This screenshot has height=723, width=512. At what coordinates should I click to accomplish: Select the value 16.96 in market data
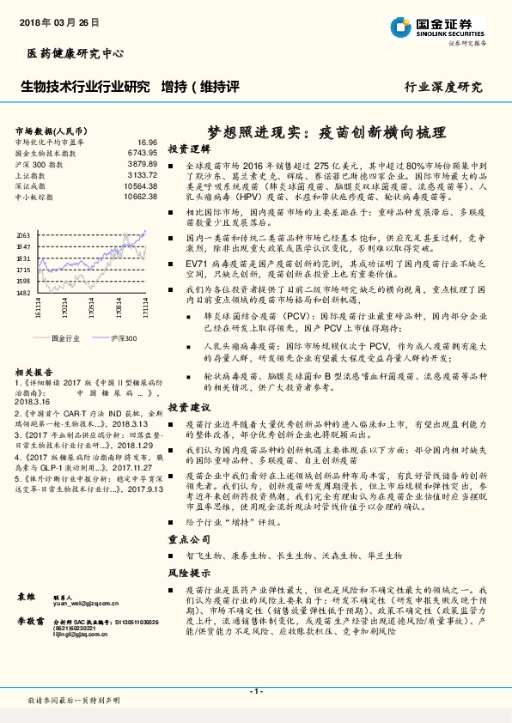click(147, 142)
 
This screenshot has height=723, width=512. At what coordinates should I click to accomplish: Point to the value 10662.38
click(140, 197)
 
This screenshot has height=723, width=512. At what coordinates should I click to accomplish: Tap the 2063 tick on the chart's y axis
click(24, 234)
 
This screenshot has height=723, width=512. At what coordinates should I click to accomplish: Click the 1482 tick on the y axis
click(24, 292)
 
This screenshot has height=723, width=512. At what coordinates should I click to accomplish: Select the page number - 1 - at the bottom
click(255, 690)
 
